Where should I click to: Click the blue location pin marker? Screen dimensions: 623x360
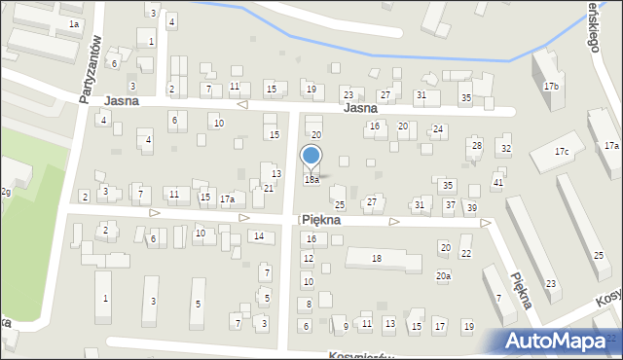point(311,158)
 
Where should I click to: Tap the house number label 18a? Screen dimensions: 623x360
point(311,180)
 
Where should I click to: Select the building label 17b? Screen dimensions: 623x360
point(551,87)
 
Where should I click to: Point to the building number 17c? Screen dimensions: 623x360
point(562,152)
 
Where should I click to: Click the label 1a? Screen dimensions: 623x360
point(74,22)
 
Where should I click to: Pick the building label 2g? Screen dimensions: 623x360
point(6,192)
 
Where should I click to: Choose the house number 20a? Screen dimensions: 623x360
point(443,276)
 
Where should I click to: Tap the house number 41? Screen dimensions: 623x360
point(497,183)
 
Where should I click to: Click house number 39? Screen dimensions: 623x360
point(471,208)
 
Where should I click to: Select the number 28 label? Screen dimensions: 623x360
point(476,146)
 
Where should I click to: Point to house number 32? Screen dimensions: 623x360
point(505,148)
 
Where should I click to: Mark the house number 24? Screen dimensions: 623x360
point(438,129)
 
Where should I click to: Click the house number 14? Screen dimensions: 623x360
point(258,236)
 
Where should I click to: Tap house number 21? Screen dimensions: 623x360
point(268,188)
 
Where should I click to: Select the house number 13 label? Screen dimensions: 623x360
point(276,173)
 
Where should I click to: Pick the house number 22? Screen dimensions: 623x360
point(465,254)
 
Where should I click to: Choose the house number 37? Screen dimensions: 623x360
point(450,205)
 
